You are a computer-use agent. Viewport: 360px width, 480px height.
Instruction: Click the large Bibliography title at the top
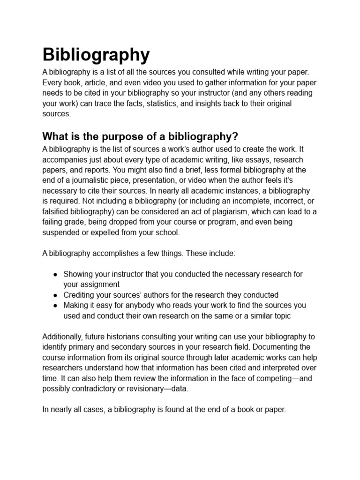point(96,55)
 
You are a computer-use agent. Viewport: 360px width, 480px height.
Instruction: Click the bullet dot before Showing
point(55,274)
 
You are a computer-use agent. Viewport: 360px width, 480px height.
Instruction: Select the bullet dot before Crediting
point(55,295)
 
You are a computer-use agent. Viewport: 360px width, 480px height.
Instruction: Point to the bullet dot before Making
point(55,306)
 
